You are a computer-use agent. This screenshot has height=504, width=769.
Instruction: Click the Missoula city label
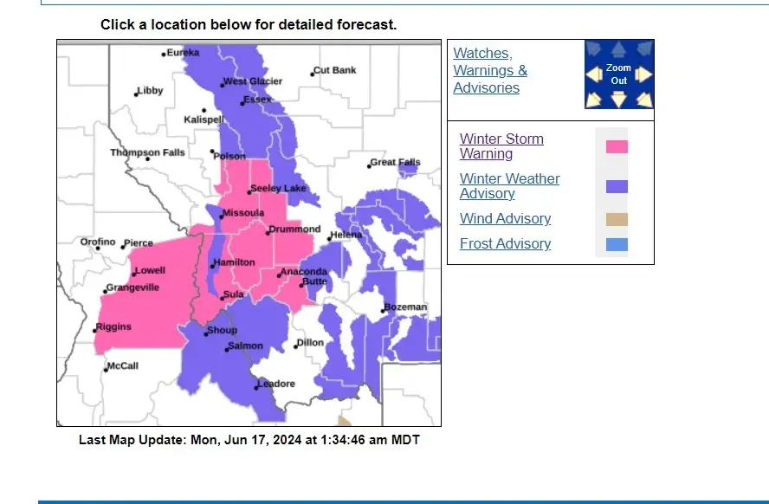[242, 213]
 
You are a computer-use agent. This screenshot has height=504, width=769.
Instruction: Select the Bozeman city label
[405, 307]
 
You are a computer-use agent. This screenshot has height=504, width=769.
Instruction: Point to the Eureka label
[182, 53]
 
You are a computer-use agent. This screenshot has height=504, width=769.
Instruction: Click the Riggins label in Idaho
[113, 327]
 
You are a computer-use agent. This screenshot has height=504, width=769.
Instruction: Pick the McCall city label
[122, 366]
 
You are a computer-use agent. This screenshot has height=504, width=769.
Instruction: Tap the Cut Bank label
[334, 71]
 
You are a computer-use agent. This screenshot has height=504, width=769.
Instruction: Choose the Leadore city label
[276, 384]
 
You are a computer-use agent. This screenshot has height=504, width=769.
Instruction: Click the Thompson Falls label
[147, 153]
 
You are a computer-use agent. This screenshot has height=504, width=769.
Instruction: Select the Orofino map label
[98, 242]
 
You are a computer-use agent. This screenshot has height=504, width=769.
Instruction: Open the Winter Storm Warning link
[501, 146]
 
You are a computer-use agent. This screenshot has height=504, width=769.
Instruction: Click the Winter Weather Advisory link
[509, 186]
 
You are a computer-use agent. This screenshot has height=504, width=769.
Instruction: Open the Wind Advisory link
[505, 219]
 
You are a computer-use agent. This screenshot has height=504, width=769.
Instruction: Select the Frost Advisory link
[505, 244]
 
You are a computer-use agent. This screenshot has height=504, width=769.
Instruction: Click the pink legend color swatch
[617, 146]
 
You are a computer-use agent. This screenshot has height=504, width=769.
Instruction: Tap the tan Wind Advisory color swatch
[617, 219]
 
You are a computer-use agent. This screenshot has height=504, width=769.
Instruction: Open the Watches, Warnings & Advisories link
[490, 71]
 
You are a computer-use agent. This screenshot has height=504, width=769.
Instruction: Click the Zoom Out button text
[618, 74]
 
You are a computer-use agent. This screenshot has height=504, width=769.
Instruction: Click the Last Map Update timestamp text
[249, 440]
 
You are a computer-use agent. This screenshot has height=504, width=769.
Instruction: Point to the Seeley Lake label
[278, 189]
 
